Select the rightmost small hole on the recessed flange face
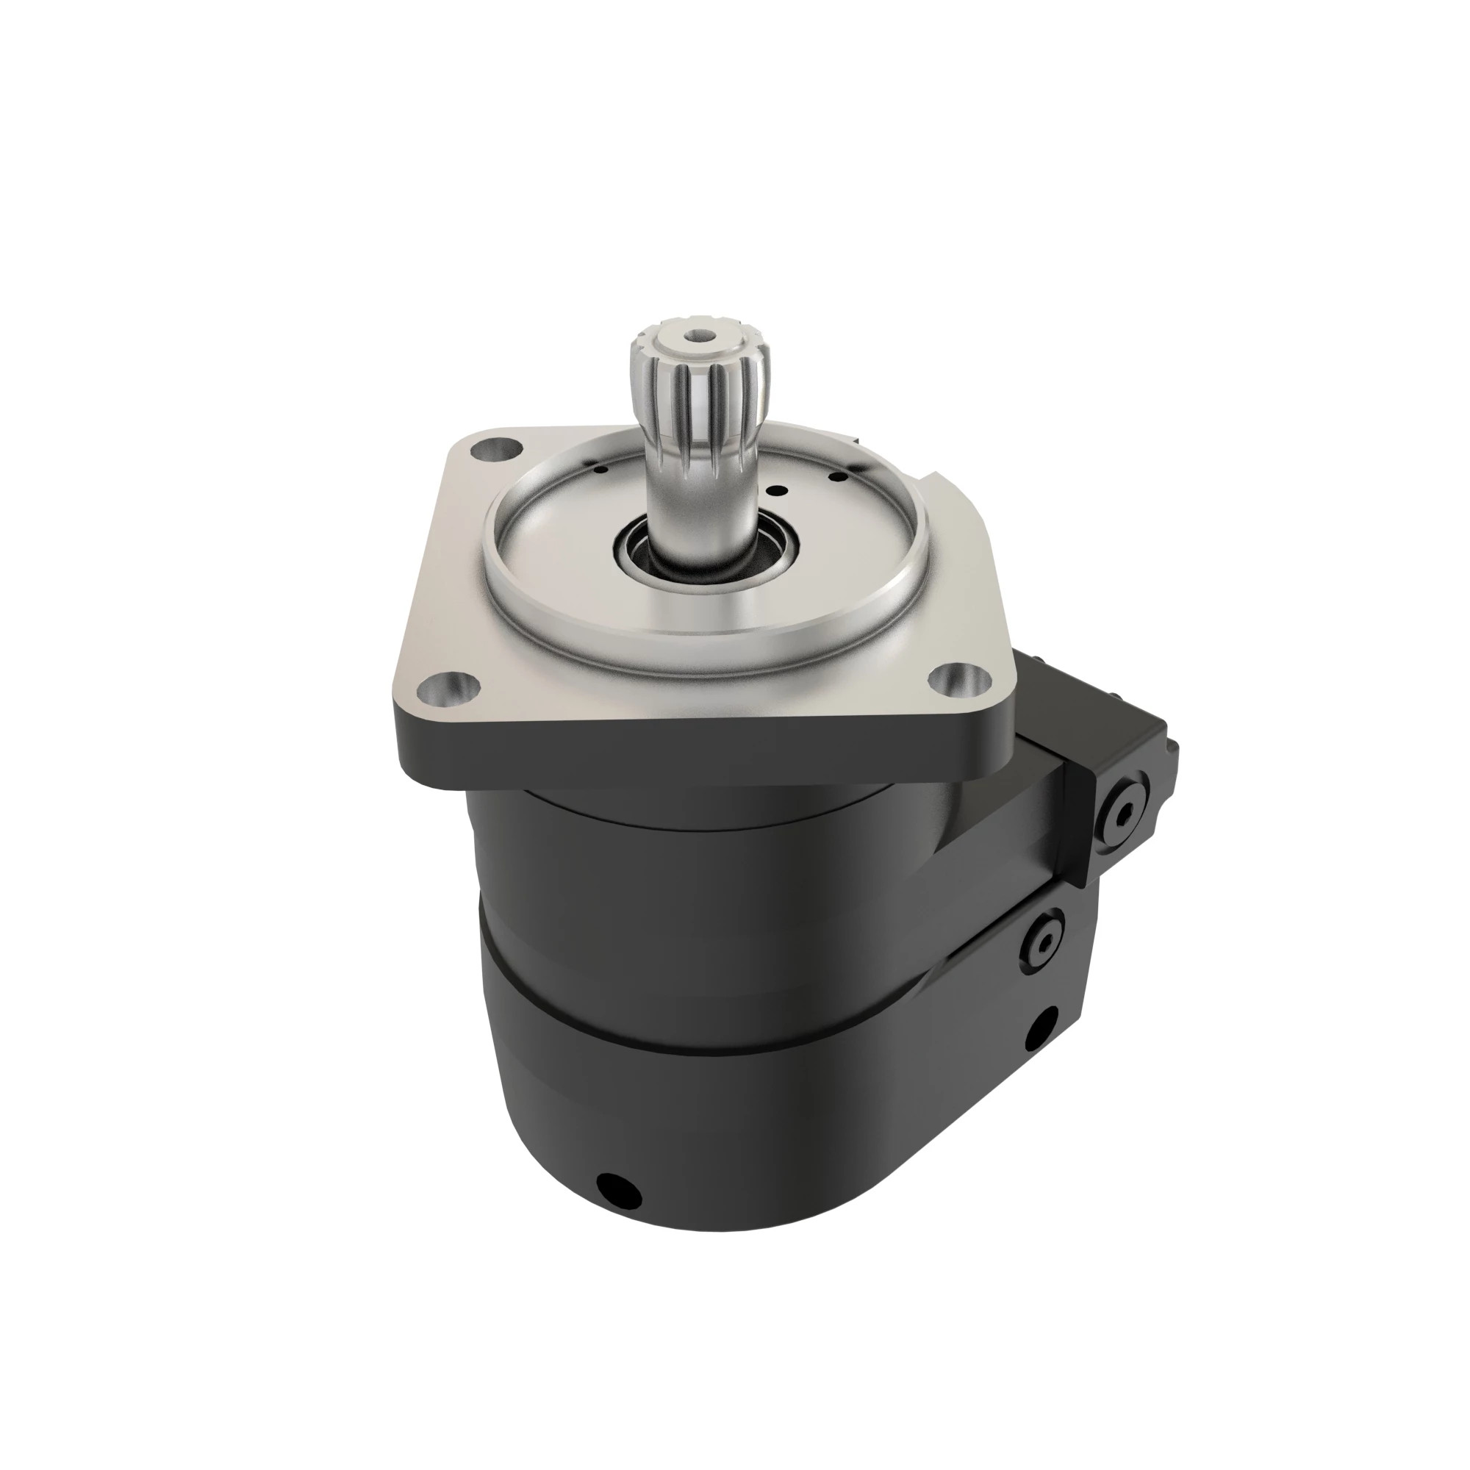click(x=839, y=477)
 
